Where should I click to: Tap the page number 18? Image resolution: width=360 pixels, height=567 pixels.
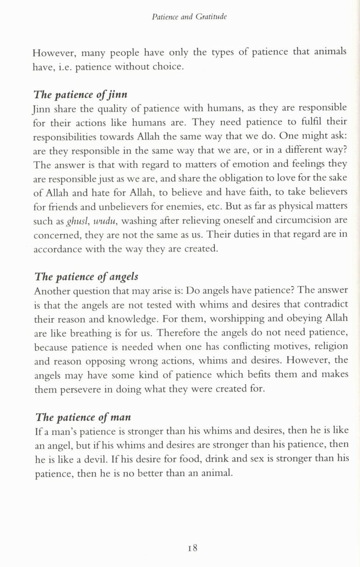point(192,547)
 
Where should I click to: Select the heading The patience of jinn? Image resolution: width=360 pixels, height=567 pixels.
point(80,95)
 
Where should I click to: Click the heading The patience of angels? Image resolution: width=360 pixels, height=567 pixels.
point(86,277)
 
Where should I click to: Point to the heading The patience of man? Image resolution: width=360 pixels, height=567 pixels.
point(83,417)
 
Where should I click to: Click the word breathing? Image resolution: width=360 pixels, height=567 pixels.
point(91,333)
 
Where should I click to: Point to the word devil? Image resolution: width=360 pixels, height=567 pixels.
point(95,459)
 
